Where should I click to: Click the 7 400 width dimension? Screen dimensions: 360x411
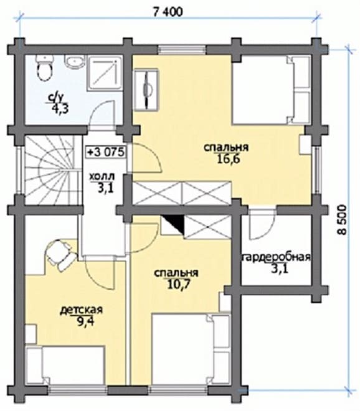[168, 11]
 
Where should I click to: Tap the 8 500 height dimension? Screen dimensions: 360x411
[342, 219]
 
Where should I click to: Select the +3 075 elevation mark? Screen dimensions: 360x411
[106, 153]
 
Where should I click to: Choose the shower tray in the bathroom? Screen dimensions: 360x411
[105, 73]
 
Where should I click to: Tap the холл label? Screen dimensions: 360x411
[102, 177]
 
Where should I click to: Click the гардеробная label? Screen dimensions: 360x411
[276, 257]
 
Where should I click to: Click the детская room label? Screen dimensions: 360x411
[82, 310]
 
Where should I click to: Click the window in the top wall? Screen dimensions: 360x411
[182, 50]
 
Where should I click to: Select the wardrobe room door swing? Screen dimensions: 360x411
[262, 225]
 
